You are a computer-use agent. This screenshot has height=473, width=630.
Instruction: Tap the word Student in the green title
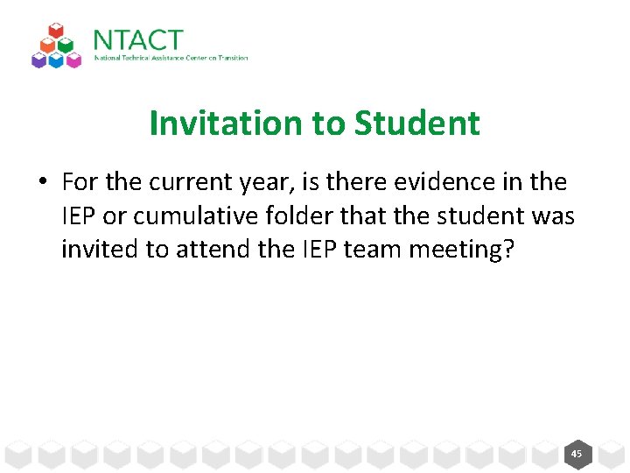click(417, 124)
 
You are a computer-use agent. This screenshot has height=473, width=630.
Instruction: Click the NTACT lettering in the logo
click(138, 40)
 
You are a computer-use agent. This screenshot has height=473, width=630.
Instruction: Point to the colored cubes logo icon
click(56, 46)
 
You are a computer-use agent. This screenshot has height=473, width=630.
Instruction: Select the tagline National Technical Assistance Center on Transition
click(171, 58)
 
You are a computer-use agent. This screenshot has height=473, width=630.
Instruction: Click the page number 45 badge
click(576, 454)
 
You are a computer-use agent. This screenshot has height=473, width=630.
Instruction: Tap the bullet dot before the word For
click(41, 183)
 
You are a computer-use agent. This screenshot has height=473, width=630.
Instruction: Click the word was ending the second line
click(553, 215)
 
